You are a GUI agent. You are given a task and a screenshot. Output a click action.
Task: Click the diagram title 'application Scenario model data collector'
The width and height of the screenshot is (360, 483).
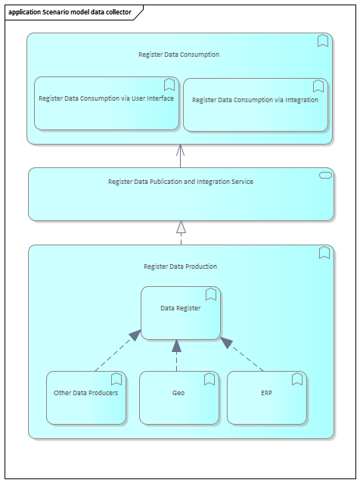[70, 12]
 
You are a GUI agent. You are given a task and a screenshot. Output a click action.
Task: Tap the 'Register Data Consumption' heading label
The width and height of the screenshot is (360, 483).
[178, 55]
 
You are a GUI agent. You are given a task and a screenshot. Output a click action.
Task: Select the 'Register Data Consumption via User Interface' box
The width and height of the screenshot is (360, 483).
[107, 103]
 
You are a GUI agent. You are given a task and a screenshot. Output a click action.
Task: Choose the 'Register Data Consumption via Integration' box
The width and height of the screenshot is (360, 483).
[256, 104]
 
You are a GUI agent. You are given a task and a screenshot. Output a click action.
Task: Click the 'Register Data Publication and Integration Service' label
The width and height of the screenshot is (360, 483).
[181, 182]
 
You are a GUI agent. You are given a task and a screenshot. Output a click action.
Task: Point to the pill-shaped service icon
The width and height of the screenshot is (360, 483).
[325, 176]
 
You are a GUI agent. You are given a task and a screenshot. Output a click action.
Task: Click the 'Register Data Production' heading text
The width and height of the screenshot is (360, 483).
[180, 266]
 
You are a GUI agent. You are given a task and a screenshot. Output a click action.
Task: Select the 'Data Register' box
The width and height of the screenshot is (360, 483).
[181, 313]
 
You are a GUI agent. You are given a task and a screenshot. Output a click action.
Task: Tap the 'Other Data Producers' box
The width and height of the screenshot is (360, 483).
[86, 397]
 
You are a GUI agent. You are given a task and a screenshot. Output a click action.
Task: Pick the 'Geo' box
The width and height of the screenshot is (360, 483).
[179, 397]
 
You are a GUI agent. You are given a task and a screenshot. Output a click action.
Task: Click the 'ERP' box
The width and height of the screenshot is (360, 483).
[267, 397]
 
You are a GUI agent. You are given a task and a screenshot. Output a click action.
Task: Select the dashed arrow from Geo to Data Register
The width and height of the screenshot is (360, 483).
[177, 356]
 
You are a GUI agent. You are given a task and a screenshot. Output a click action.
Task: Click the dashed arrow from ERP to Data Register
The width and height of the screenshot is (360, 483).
[242, 354]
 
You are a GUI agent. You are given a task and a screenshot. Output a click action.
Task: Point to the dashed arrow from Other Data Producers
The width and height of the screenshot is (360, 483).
[118, 351]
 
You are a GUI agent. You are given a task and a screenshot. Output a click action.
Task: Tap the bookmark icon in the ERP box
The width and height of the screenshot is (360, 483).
[297, 379]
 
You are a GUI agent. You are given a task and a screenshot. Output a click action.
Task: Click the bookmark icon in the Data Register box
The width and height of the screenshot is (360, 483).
[211, 294]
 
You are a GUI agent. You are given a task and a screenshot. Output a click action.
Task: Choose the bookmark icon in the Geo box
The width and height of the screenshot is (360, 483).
[209, 379]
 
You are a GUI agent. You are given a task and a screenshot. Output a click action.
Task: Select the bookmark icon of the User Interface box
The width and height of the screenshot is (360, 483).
[169, 85]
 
